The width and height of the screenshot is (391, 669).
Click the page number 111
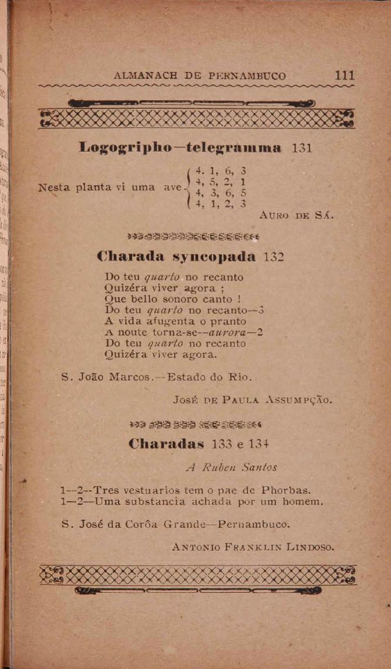coord(344,76)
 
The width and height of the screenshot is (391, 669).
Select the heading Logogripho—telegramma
coord(180,147)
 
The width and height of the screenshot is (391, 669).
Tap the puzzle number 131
coord(302,148)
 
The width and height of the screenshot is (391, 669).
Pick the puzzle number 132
coord(274,256)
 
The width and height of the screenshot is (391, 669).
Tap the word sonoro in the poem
coord(181,298)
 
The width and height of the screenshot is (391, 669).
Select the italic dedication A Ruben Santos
coord(231,467)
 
